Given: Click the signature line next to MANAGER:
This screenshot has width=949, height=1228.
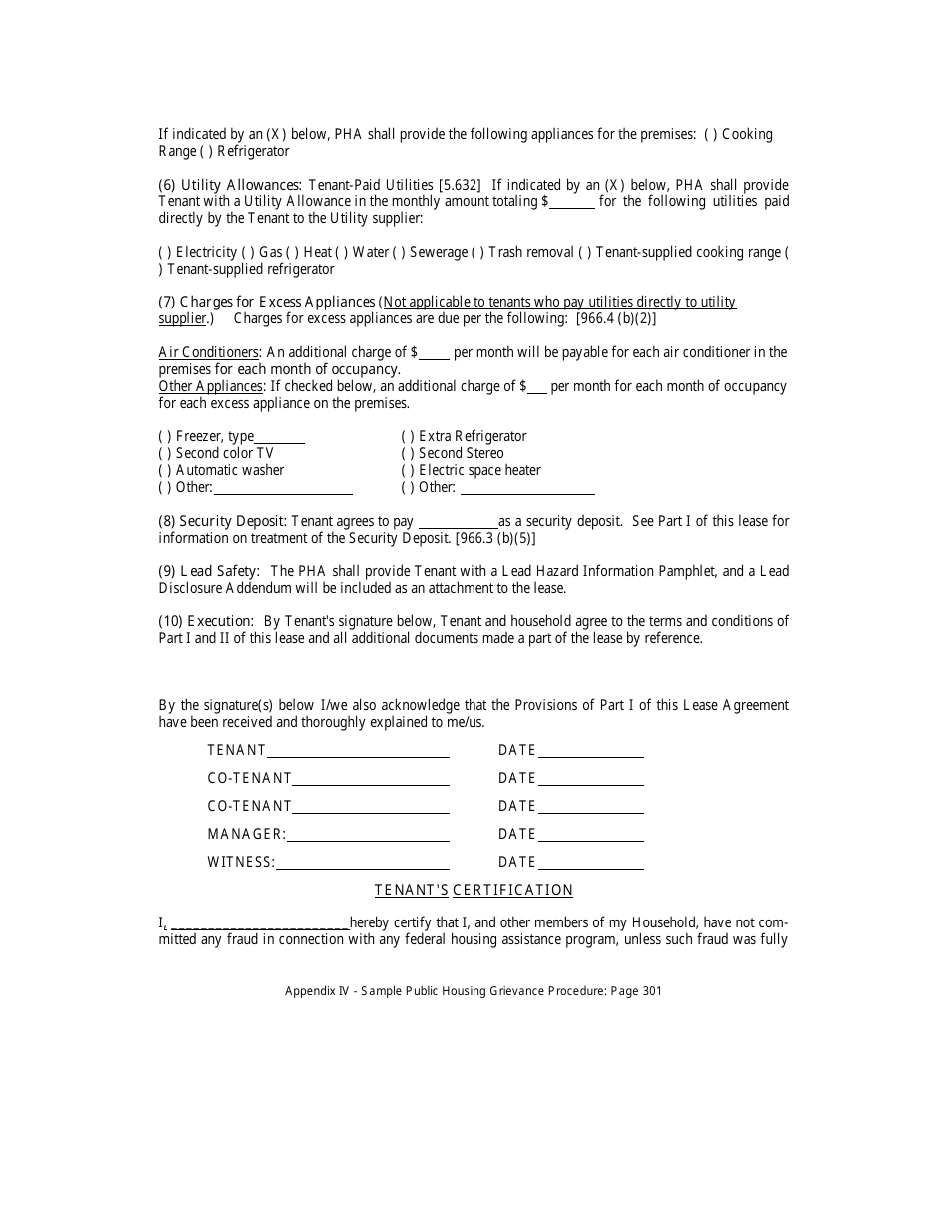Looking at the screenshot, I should (368, 835).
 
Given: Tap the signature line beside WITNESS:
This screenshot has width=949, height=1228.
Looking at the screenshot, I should (362, 863).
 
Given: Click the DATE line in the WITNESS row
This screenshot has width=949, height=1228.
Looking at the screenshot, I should (590, 863).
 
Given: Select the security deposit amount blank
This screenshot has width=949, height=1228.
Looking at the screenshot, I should (457, 522).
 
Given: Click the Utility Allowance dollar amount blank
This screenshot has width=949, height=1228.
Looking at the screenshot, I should (572, 202).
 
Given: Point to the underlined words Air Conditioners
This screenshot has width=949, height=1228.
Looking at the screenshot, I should (209, 352).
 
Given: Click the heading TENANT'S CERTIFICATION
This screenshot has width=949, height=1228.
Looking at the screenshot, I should (474, 890).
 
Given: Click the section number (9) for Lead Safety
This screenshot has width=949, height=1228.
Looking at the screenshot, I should (168, 571).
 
